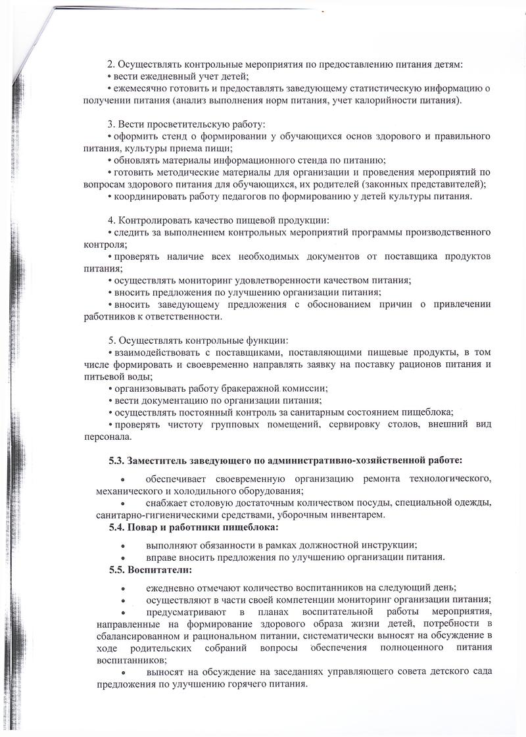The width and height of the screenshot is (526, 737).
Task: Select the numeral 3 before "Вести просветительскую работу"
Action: point(110,124)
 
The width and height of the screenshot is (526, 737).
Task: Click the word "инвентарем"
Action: point(359,515)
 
